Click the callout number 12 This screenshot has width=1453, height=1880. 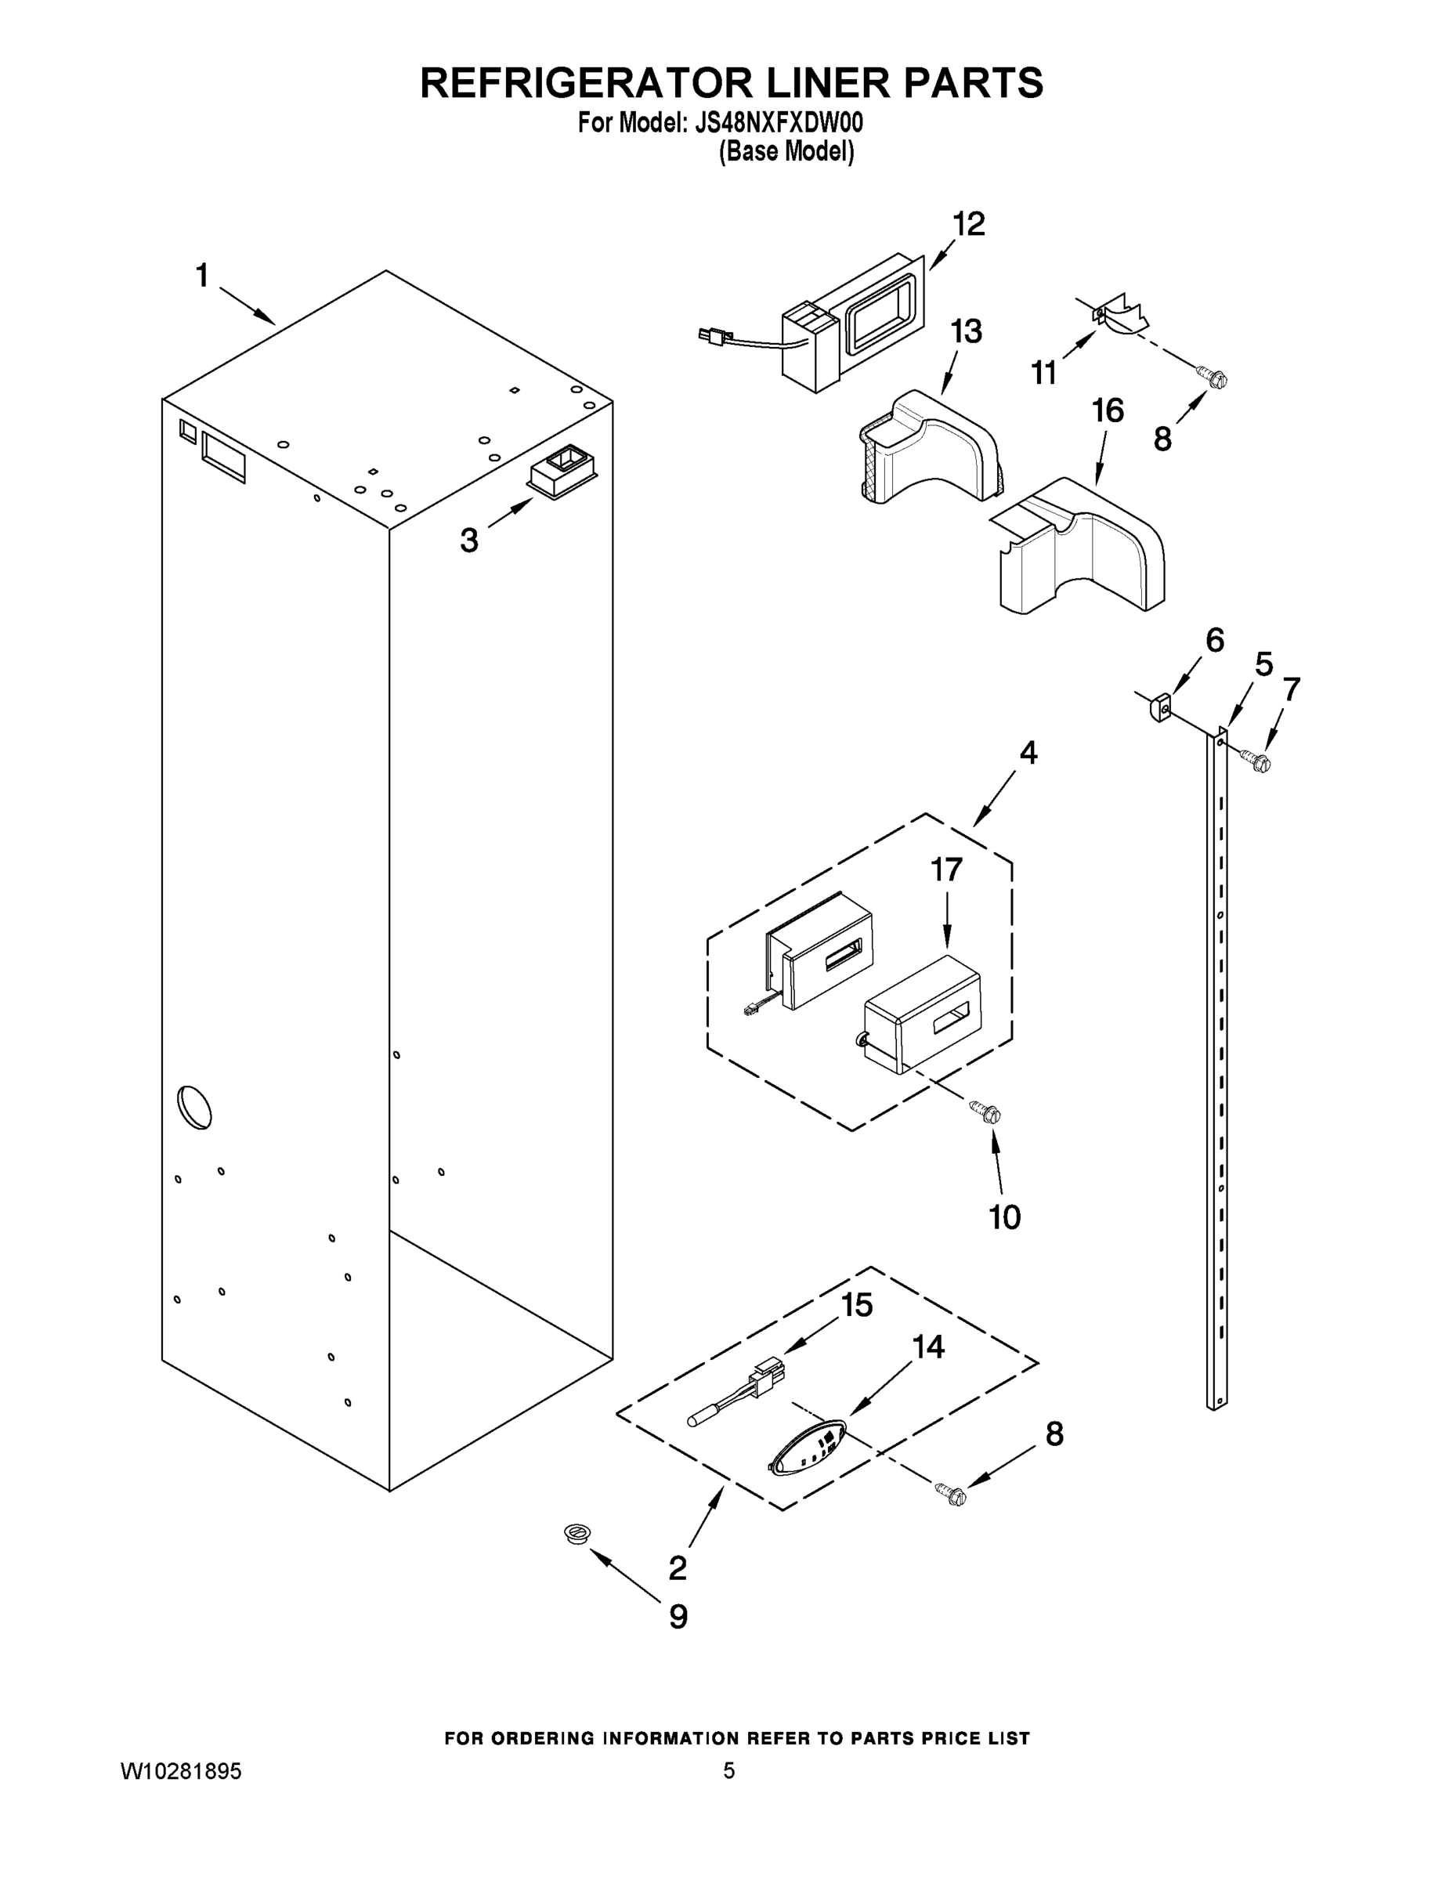[968, 225]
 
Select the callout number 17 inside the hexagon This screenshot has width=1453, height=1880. [946, 870]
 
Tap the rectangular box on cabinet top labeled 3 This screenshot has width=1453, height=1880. [562, 471]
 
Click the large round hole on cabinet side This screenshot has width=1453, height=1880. [193, 1107]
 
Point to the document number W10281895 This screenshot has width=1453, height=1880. [182, 1770]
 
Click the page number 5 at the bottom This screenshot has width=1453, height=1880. [728, 1770]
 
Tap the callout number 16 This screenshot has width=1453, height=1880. [1108, 410]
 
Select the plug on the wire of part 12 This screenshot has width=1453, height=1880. [710, 333]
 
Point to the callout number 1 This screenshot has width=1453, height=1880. [202, 277]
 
